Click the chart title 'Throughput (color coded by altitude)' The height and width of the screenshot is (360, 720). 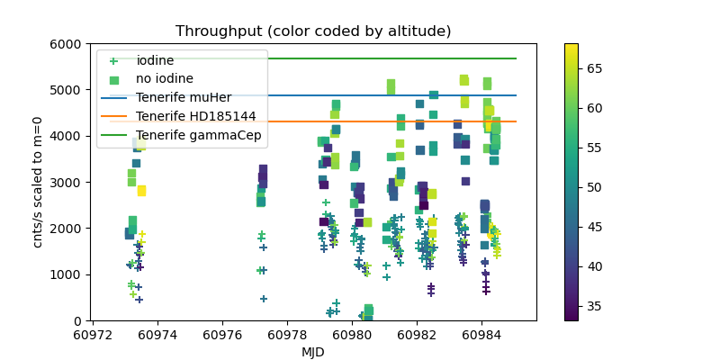pyautogui.click(x=313, y=31)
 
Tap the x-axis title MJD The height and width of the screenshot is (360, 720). pyautogui.click(x=313, y=352)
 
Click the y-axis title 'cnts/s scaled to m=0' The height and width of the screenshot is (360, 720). pyautogui.click(x=38, y=182)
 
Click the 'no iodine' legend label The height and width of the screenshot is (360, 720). pyautogui.click(x=165, y=79)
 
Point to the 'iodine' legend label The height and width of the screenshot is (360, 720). pyautogui.click(x=155, y=60)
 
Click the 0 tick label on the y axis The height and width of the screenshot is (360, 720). pyautogui.click(x=78, y=320)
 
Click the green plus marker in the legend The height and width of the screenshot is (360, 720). pyautogui.click(x=113, y=60)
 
